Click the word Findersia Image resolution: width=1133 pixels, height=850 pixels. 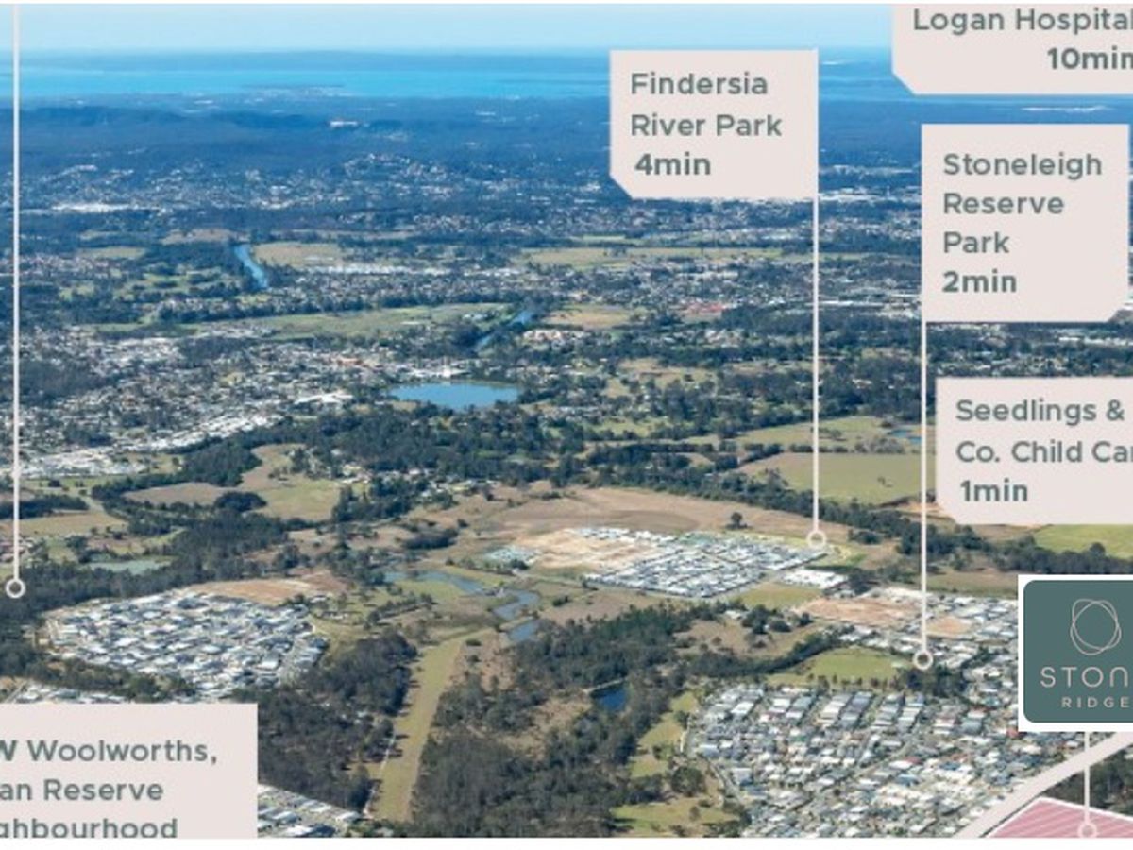point(698,84)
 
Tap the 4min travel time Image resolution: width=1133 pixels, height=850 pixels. point(672,164)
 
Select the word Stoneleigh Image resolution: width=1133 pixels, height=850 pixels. point(1022,164)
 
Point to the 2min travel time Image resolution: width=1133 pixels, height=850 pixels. point(979,281)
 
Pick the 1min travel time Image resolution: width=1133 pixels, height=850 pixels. point(993,490)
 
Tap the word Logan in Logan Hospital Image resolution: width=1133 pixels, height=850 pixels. point(955,21)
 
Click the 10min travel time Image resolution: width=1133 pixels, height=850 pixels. point(1087,59)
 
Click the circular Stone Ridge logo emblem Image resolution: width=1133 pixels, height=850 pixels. point(1095,626)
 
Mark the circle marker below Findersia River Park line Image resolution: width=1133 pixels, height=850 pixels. point(816,539)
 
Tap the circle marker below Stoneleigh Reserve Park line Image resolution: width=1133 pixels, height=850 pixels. point(922,659)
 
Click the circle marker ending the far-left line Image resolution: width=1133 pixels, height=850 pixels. point(15,588)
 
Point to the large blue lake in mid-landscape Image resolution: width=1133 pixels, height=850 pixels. point(456,394)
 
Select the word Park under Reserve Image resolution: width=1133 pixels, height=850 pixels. point(975,243)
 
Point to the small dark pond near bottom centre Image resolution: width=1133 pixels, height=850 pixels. point(611,698)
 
